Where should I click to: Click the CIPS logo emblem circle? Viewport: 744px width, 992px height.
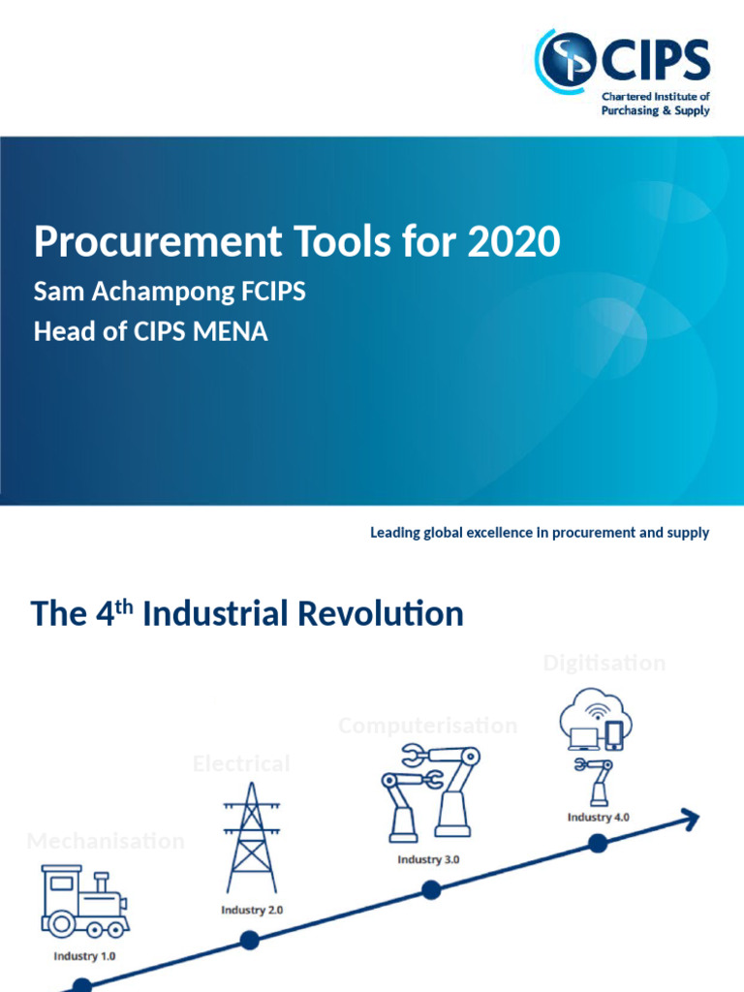pyautogui.click(x=569, y=58)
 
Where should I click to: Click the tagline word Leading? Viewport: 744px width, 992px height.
pyautogui.click(x=395, y=533)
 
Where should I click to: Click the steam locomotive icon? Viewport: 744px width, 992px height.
pyautogui.click(x=83, y=902)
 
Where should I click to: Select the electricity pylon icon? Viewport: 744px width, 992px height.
pyautogui.click(x=250, y=837)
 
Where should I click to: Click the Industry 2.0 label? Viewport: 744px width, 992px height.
pyautogui.click(x=252, y=910)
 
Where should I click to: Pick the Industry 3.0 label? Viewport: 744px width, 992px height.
pyautogui.click(x=428, y=859)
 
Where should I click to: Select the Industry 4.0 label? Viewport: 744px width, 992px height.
pyautogui.click(x=598, y=817)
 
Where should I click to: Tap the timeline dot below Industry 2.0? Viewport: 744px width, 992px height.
pyautogui.click(x=249, y=939)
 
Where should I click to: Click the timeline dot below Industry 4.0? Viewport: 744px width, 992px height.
pyautogui.click(x=598, y=844)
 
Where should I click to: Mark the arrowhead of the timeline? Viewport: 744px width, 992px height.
pyautogui.click(x=690, y=819)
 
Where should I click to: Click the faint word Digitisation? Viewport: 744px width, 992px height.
pyautogui.click(x=604, y=664)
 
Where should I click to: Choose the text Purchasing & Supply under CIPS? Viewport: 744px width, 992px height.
pyautogui.click(x=656, y=110)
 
